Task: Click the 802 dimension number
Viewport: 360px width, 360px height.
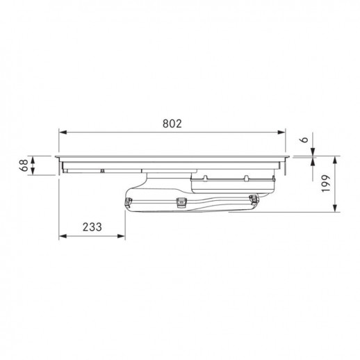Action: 172,124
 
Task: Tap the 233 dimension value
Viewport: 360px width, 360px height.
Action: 92,227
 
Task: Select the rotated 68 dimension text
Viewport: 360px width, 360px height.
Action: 24,165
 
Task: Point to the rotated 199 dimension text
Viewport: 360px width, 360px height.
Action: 325,183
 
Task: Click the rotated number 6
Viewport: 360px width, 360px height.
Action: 304,140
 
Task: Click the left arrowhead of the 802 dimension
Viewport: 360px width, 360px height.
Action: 63,132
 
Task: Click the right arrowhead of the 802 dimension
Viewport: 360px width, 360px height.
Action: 281,132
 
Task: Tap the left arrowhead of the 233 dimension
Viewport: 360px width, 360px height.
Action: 63,236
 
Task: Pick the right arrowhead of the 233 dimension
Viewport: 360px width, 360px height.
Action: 121,236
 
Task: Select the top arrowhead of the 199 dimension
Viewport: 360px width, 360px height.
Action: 335,161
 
